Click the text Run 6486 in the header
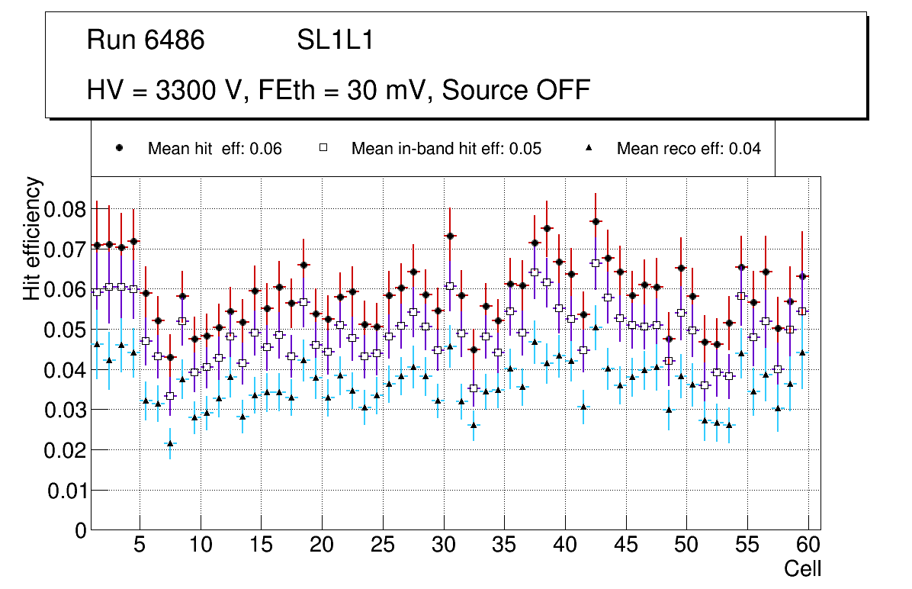point(146,40)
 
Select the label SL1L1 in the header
point(336,40)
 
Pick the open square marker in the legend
point(323,149)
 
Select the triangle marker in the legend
point(588,149)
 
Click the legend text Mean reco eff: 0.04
point(689,149)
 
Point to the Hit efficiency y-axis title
point(32,238)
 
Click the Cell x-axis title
point(802,568)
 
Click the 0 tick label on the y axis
point(81,531)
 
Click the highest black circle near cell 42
point(596,221)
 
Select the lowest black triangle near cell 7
point(170,443)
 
